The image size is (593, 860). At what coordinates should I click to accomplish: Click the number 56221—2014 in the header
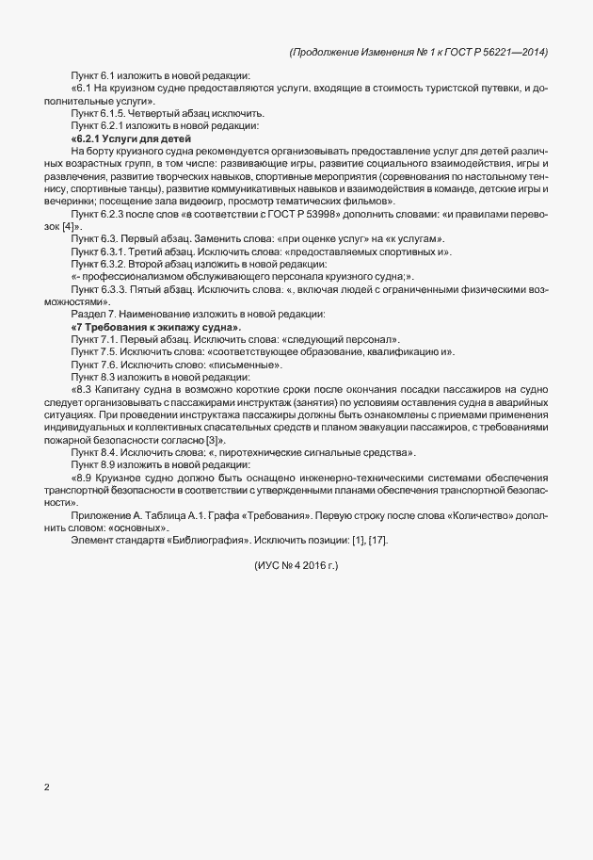[509, 52]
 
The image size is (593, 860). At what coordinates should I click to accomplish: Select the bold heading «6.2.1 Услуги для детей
[118, 138]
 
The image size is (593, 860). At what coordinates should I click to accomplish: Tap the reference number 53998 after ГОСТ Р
[271, 215]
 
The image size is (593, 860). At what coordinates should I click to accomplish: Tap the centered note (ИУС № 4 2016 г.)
[296, 565]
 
